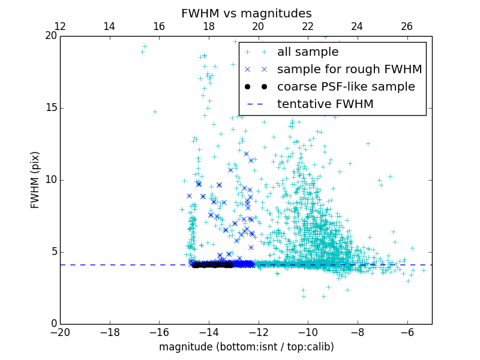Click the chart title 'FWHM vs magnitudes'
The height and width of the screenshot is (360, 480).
click(246, 13)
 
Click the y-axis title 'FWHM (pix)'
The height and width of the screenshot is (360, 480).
click(35, 179)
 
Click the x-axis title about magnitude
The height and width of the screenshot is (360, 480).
click(246, 347)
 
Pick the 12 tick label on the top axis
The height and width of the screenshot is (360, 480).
click(60, 26)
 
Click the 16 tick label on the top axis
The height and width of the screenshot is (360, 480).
click(159, 26)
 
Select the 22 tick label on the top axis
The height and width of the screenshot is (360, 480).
click(308, 26)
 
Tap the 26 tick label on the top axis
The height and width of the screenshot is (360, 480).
click(407, 26)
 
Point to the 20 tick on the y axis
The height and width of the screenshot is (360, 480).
click(50, 36)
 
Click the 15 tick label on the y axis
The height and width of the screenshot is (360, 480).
click(50, 108)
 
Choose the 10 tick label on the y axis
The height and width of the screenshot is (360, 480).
click(50, 180)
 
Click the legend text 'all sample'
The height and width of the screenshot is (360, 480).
click(308, 52)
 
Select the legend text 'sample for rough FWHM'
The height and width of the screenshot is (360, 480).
click(349, 70)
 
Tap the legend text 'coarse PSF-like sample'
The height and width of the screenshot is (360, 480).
click(346, 87)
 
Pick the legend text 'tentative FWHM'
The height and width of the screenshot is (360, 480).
click(325, 104)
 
